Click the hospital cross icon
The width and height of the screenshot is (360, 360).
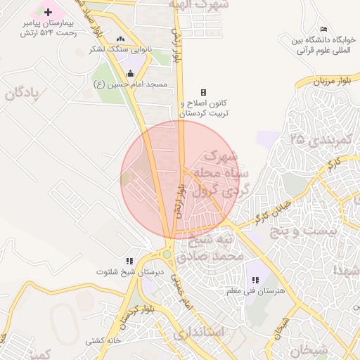[x=48, y=12]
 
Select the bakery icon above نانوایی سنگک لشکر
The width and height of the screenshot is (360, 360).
[x=120, y=39]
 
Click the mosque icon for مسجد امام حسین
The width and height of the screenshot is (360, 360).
[x=130, y=74]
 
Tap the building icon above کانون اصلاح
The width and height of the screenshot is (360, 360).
[x=203, y=92]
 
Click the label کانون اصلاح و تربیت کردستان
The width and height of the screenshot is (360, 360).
[x=203, y=108]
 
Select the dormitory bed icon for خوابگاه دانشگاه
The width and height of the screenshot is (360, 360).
[x=323, y=29]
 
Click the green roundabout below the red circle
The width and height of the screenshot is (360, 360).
[x=167, y=255]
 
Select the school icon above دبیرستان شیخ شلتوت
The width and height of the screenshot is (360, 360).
[x=128, y=261]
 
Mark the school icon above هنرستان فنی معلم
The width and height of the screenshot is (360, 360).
[x=254, y=281]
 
